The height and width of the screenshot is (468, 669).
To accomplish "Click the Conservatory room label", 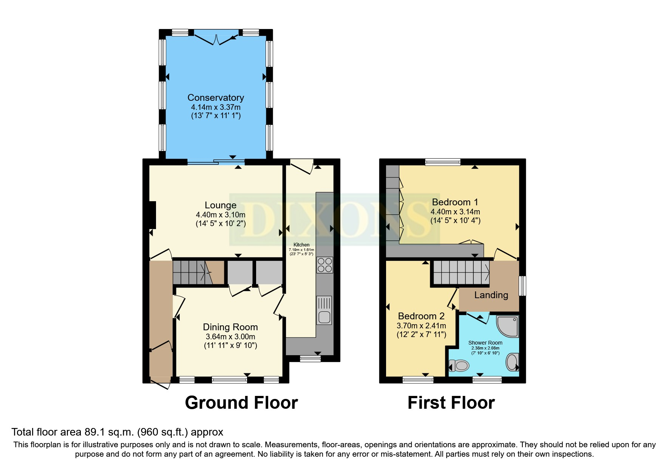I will click(216, 98).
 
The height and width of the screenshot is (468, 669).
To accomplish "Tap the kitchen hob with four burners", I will click(324, 265).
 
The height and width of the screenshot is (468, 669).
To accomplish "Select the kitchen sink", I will click(324, 310).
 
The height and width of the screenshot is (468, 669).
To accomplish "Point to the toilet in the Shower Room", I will click(459, 365).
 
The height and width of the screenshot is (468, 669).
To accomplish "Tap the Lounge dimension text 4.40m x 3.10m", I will click(221, 215).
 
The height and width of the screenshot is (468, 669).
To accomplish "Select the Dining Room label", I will click(230, 327).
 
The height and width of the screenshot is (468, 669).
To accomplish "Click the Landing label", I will click(491, 295).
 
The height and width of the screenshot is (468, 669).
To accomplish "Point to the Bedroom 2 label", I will click(421, 316).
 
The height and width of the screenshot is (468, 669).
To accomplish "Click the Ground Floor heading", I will click(241, 403).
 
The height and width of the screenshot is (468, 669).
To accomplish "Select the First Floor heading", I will click(451, 403).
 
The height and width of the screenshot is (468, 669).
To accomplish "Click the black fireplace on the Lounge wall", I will click(153, 215).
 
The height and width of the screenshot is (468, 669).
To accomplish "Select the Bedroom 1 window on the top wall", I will click(443, 162).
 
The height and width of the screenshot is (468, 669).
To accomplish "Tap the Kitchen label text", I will click(301, 245).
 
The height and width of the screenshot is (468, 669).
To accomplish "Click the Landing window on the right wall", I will click(522, 286).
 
